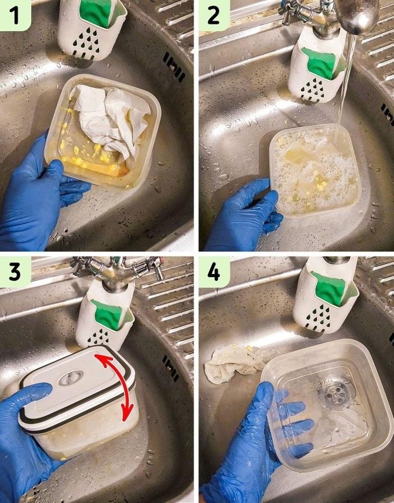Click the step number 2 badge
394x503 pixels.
tap(214, 15)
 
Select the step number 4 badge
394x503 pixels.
tap(214, 272)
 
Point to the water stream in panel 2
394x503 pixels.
tap(343, 84)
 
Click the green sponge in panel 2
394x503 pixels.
tap(321, 64)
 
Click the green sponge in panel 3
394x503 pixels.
tap(108, 314)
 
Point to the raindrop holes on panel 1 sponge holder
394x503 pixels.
tap(87, 42)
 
